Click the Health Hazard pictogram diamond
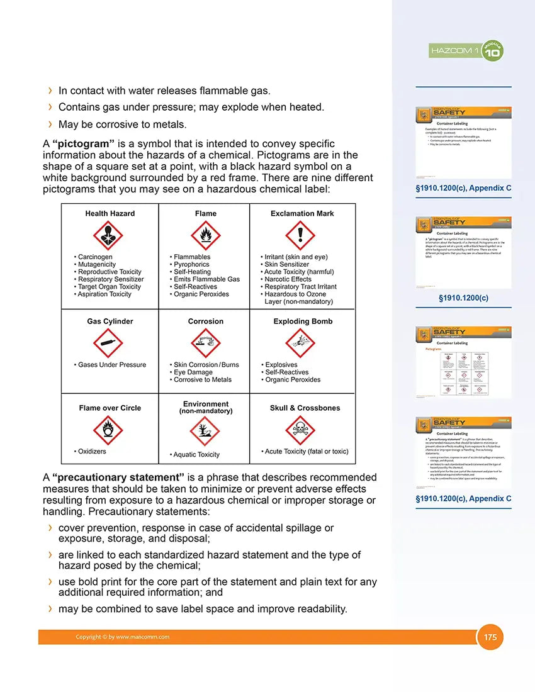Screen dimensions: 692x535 [x=108, y=235]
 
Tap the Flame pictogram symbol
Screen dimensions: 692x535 [x=205, y=235]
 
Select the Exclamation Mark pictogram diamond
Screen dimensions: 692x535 [x=300, y=235]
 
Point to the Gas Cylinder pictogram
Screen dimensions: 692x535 [x=108, y=343]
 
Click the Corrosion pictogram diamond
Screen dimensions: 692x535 [x=205, y=343]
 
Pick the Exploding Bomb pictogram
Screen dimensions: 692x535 [x=300, y=343]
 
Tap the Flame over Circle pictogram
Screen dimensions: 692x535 [x=108, y=431]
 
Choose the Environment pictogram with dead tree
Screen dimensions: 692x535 [x=205, y=432]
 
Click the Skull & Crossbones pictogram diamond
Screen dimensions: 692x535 [x=300, y=431]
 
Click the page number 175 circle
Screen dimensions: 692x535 [x=490, y=637]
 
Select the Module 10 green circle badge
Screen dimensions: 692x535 [x=492, y=50]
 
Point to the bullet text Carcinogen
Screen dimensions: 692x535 [x=95, y=257]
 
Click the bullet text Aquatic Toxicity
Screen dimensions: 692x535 [x=196, y=454]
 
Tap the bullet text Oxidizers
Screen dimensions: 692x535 [x=92, y=451]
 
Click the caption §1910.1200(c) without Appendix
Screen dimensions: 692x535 [x=463, y=298]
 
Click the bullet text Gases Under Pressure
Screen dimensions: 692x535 [x=111, y=365]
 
